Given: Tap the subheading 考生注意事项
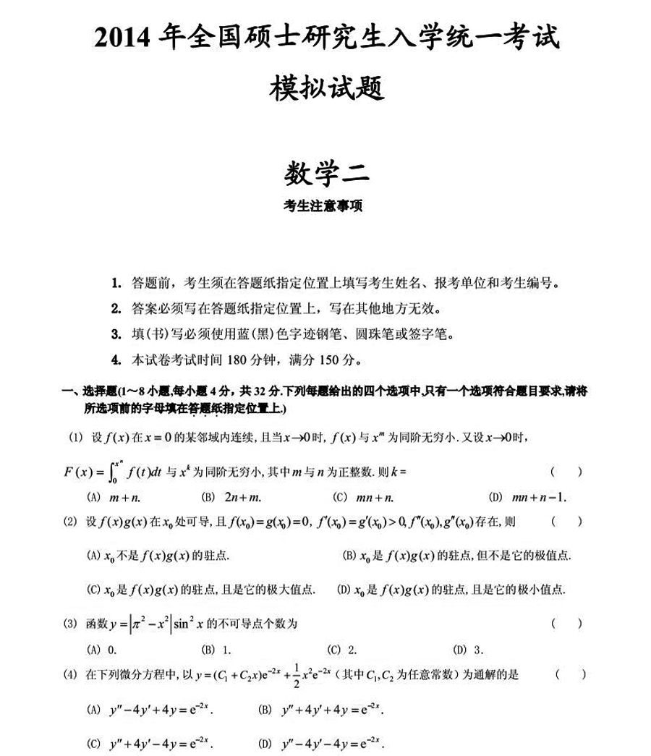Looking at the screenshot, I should point(325,206).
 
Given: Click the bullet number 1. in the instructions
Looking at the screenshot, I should point(116,284).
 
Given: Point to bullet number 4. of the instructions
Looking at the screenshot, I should point(116,360).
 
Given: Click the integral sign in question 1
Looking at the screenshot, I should point(109,472).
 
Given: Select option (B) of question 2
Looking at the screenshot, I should point(456,556).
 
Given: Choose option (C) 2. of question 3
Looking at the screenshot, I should point(343,648).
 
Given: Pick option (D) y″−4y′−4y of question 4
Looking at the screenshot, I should point(319,743).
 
